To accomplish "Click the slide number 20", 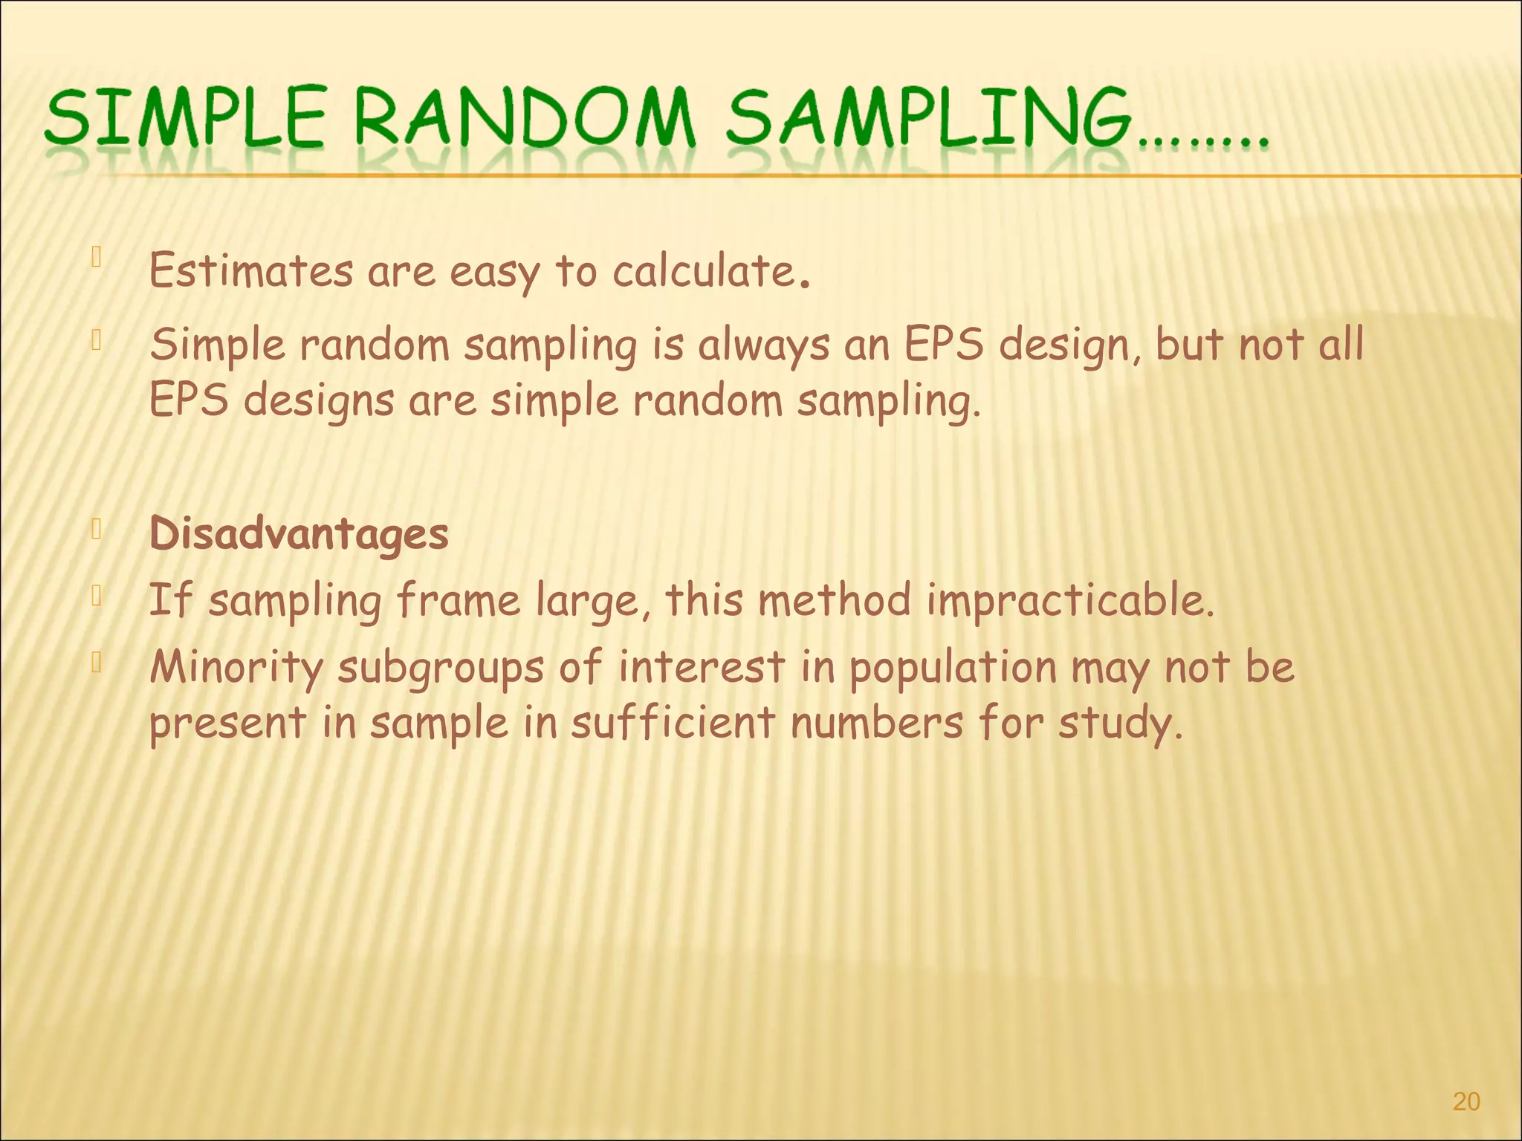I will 1466,1101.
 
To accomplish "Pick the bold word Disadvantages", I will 299,534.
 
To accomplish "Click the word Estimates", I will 251,270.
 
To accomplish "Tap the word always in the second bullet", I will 763,346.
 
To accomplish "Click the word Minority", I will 236,667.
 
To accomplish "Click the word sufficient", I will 673,723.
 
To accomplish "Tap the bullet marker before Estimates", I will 96,258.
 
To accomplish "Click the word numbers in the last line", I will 877,723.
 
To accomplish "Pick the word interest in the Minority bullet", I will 702,667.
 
